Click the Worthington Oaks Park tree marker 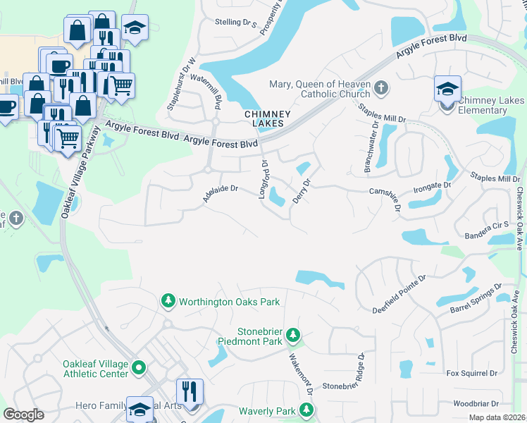(168, 302)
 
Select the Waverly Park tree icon (306, 410)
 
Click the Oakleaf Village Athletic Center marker (139, 367)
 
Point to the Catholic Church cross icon (381, 88)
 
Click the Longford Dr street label (264, 179)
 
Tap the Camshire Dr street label (385, 195)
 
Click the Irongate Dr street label (431, 186)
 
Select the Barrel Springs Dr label (476, 299)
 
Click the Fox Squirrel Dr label (471, 372)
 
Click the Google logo (24, 415)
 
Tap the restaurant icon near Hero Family (189, 391)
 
